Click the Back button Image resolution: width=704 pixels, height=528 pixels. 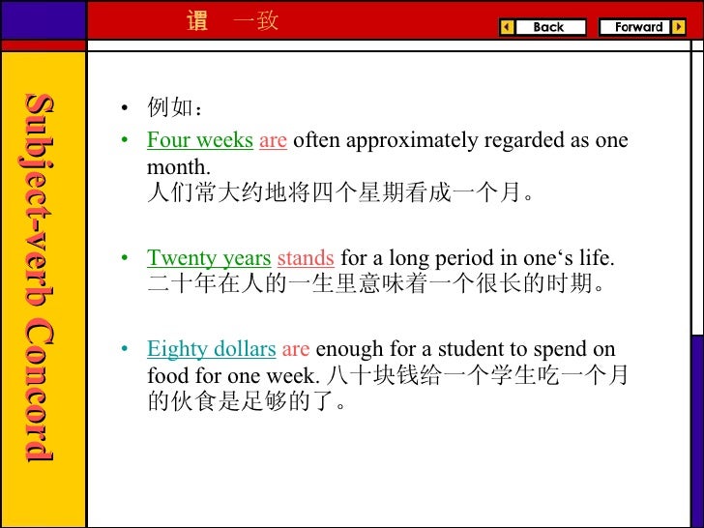point(548,27)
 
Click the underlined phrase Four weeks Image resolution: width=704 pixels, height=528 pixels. point(199,141)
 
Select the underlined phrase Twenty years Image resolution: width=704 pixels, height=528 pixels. point(208,259)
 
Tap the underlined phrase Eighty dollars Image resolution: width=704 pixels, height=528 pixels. point(211,350)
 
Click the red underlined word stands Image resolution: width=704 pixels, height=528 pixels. point(306,259)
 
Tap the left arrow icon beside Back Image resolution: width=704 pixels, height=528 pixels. point(507,27)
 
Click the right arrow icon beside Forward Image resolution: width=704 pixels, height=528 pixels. point(679,27)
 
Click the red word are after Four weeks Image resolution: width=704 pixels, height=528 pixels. point(273,141)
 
